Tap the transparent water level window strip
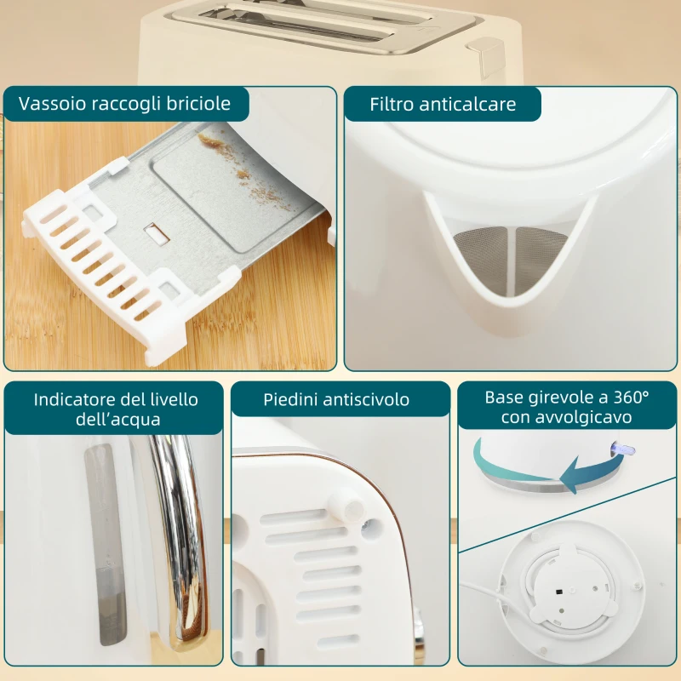point(106,545)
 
